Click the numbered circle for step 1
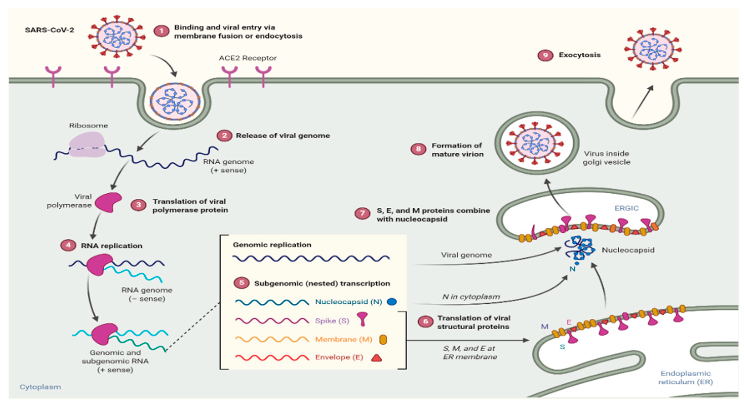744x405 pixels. click(161, 31)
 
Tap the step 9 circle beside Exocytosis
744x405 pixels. click(545, 55)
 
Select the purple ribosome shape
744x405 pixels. click(87, 144)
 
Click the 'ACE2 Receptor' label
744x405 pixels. click(247, 58)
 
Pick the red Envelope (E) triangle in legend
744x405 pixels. click(376, 358)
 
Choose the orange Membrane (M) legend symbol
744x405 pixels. click(383, 339)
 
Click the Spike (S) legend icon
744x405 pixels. click(362, 319)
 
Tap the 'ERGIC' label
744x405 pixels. click(626, 208)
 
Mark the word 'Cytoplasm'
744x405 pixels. click(40, 387)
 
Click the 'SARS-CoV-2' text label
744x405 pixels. click(49, 30)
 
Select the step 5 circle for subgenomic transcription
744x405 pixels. click(241, 283)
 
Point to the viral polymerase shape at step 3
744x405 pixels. click(108, 202)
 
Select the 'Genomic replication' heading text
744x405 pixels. click(272, 245)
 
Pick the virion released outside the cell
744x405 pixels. click(653, 49)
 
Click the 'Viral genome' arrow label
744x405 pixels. click(466, 255)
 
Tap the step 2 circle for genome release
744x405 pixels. click(224, 136)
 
